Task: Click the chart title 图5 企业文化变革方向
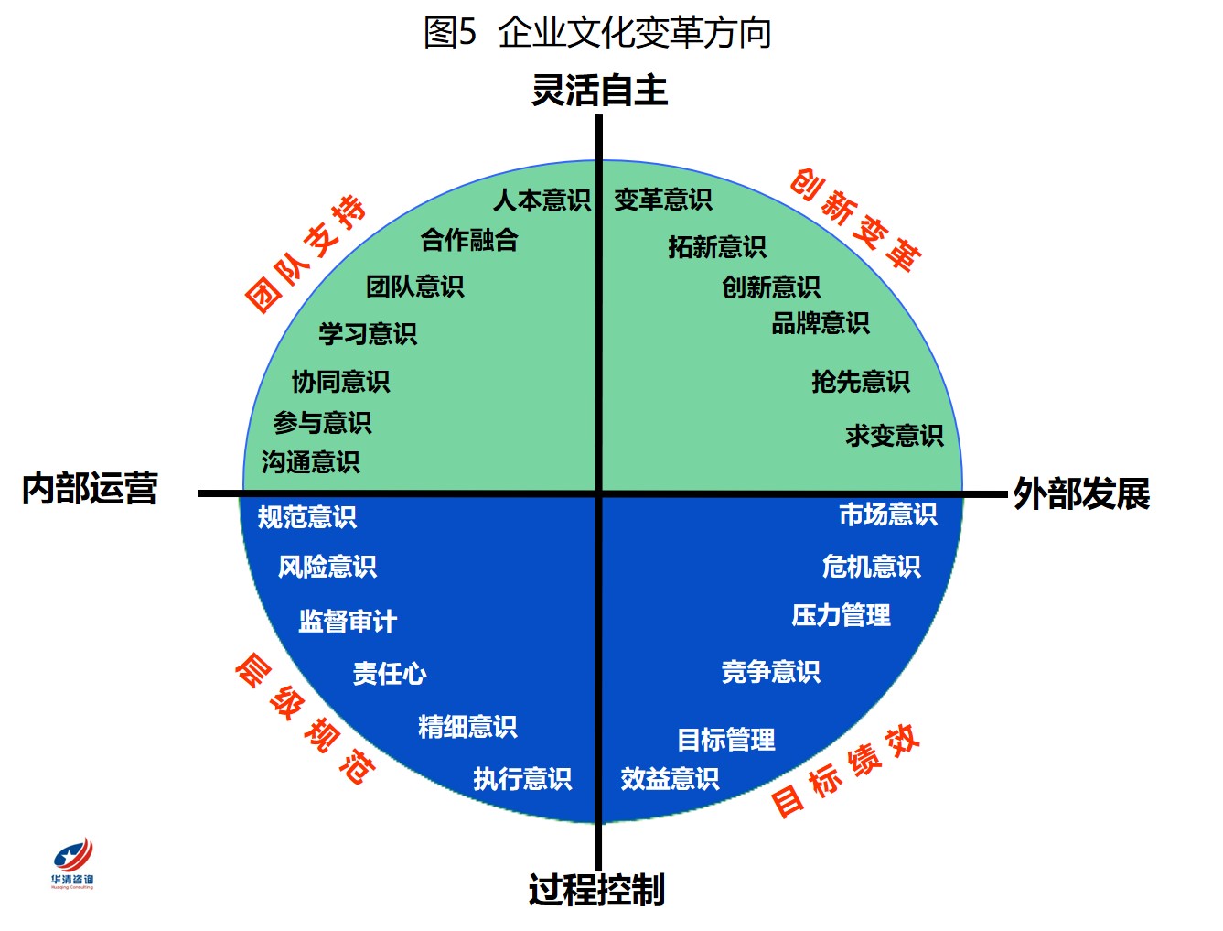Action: tap(596, 32)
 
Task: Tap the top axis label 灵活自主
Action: tap(599, 90)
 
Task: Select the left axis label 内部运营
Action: tap(90, 489)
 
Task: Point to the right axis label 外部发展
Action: tap(1081, 493)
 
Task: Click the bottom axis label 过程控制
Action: tap(596, 890)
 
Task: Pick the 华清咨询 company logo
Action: tap(72, 862)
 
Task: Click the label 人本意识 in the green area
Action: tap(542, 200)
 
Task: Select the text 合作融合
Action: tap(469, 240)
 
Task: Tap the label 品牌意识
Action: tap(821, 323)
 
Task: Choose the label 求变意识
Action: tap(895, 436)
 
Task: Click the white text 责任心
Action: tap(390, 673)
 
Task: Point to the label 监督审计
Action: tap(348, 621)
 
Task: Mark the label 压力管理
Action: tap(841, 615)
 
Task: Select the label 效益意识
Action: tap(670, 779)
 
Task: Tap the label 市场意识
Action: tap(888, 514)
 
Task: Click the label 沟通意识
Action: tap(310, 462)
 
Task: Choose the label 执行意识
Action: tap(522, 779)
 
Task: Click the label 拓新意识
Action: tap(717, 247)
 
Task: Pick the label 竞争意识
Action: tap(770, 672)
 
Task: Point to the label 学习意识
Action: tap(368, 334)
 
